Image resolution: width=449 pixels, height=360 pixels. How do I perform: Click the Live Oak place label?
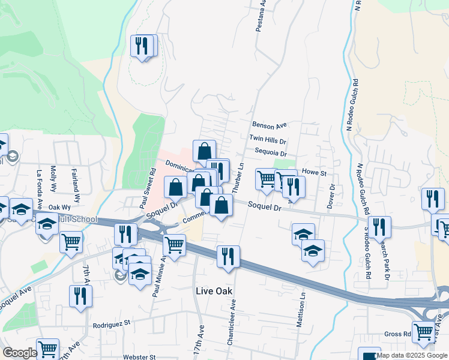[x=214, y=291]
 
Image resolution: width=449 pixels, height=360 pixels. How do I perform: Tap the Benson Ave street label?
[x=270, y=126]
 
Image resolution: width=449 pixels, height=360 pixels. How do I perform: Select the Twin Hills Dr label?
[x=268, y=139]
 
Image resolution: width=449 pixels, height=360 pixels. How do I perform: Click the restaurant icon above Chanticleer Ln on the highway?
[x=228, y=256]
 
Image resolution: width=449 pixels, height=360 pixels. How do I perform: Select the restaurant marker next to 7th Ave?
[x=80, y=296]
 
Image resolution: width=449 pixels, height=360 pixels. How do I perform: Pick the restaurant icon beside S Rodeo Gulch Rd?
[x=380, y=226]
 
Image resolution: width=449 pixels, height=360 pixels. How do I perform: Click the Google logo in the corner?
[x=19, y=353]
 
